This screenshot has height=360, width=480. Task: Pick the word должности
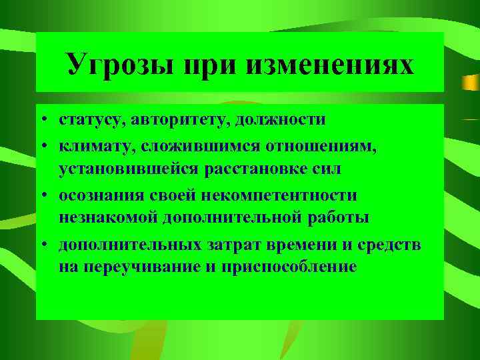click(283, 121)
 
